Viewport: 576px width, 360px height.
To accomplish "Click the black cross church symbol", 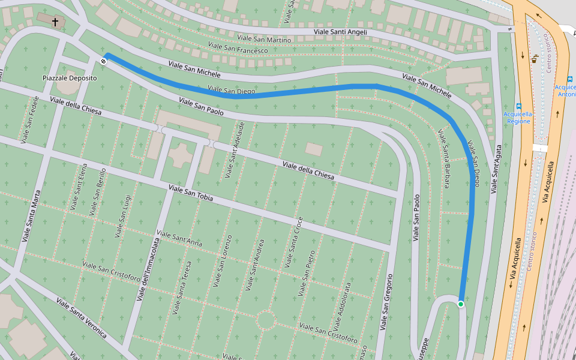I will coord(55,22).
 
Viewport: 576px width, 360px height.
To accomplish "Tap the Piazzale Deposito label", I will coord(70,79).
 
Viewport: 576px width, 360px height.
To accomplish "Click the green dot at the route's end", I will coord(461,304).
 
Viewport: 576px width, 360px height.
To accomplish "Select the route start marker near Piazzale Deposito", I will coord(104,61).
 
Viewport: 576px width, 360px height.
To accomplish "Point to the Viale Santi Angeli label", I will coord(340,32).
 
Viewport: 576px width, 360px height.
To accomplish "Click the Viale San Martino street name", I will coord(263,40).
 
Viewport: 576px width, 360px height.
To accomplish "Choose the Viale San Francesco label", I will coord(238,47).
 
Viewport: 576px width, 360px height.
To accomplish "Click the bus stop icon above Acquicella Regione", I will coord(519,106).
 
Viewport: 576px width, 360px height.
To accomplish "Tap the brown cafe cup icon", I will coord(534,59).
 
